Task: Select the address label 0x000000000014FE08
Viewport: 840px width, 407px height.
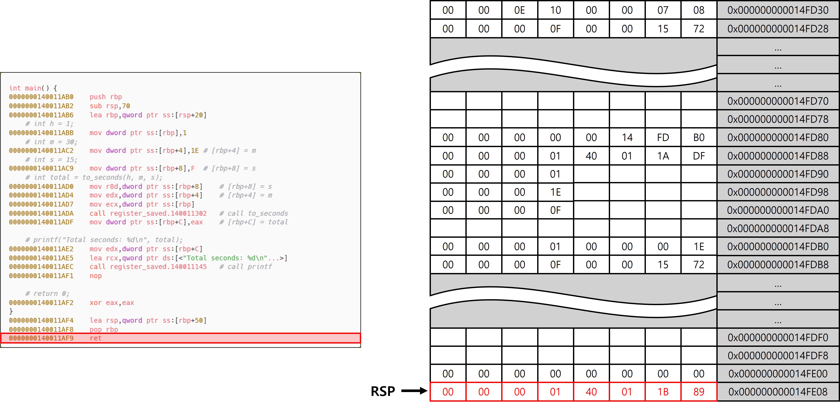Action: [x=778, y=392]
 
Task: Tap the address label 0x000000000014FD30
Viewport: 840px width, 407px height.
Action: [x=778, y=10]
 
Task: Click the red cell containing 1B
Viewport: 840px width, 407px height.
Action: [x=663, y=392]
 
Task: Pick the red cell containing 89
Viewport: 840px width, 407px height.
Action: [x=699, y=392]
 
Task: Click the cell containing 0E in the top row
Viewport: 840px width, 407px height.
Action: [x=519, y=10]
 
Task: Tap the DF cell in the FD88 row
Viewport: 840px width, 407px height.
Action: [x=699, y=156]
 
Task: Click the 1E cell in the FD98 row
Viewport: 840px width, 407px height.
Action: [x=555, y=192]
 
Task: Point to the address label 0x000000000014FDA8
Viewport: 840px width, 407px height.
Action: [x=778, y=228]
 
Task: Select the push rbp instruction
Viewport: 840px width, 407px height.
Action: [x=106, y=97]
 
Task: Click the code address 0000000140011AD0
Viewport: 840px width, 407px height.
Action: [x=41, y=187]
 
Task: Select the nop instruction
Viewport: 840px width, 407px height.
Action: [x=96, y=276]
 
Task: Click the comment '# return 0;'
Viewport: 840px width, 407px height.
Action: [x=47, y=293]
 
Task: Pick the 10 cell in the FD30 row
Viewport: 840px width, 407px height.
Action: [x=555, y=10]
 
